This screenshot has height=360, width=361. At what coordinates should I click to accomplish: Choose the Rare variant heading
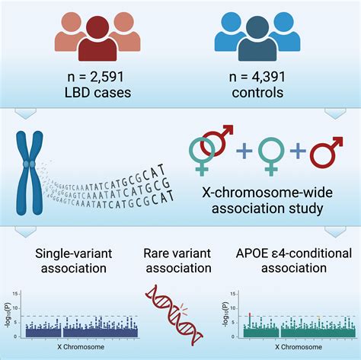point(178,252)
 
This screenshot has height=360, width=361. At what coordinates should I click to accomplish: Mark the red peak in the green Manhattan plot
point(249,314)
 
